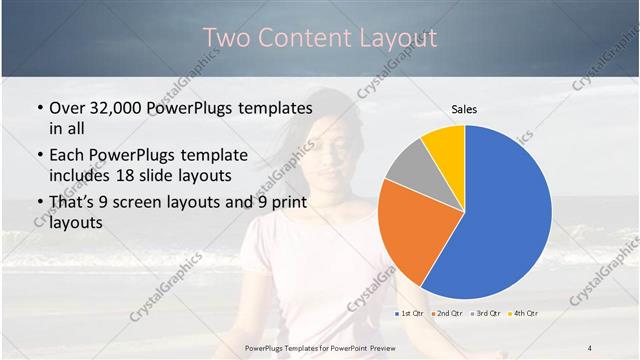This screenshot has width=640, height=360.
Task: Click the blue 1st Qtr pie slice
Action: coord(500,215)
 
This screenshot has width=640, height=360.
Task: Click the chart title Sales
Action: coord(464,108)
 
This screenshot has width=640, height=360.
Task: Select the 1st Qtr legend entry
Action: coord(409,314)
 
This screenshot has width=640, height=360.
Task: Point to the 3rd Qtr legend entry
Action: coord(486,314)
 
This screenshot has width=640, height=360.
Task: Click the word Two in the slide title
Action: coord(226,38)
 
